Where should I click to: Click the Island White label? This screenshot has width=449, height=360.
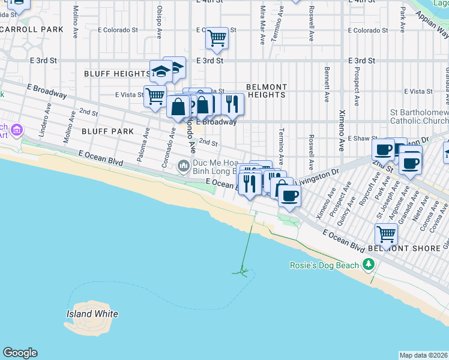pyautogui.click(x=91, y=314)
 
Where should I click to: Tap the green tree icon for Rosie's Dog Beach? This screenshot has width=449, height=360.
pyautogui.click(x=368, y=265)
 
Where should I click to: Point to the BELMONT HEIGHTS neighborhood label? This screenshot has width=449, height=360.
pyautogui.click(x=267, y=91)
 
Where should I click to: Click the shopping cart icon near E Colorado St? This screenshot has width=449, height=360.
pyautogui.click(x=217, y=38)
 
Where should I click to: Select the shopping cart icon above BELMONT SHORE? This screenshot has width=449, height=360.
pyautogui.click(x=386, y=233)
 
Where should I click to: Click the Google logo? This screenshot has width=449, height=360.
pyautogui.click(x=20, y=353)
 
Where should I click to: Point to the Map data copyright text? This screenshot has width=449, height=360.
pyautogui.click(x=423, y=355)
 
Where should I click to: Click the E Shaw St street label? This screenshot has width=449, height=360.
pyautogui.click(x=357, y=138)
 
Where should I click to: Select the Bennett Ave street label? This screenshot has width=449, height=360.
pyautogui.click(x=327, y=88)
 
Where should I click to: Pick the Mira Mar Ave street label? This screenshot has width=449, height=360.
pyautogui.click(x=262, y=25)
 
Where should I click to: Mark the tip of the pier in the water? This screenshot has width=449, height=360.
pyautogui.click(x=243, y=273)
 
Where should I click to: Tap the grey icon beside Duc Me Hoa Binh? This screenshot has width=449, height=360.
pyautogui.click(x=184, y=165)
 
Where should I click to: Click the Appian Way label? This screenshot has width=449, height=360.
pyautogui.click(x=432, y=27)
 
